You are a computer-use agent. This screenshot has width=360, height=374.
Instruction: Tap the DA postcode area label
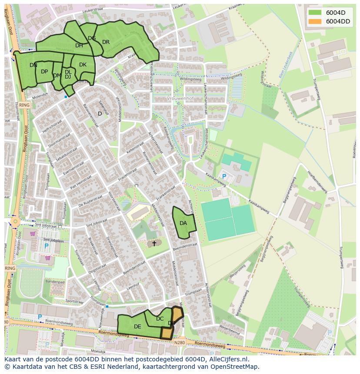point(183,223)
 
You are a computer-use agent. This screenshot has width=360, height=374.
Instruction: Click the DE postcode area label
point(137,327)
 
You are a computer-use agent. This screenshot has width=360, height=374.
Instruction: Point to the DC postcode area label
point(160,319)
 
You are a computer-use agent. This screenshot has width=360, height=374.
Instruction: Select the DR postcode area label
point(106,42)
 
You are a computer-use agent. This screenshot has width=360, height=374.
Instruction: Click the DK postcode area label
point(83,65)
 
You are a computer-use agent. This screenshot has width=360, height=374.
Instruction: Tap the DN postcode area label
point(33,65)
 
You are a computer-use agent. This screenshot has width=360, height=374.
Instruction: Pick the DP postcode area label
point(44,72)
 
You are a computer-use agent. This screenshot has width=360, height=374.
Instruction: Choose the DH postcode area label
point(79,46)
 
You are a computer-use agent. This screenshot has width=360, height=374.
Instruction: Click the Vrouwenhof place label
point(180,99)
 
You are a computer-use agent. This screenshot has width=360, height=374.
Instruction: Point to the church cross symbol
point(154,244)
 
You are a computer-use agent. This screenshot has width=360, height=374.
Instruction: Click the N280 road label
point(180,343)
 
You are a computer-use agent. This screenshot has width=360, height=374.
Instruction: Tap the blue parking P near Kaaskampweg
point(224,176)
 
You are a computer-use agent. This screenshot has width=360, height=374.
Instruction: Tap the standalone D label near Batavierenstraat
point(100,114)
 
